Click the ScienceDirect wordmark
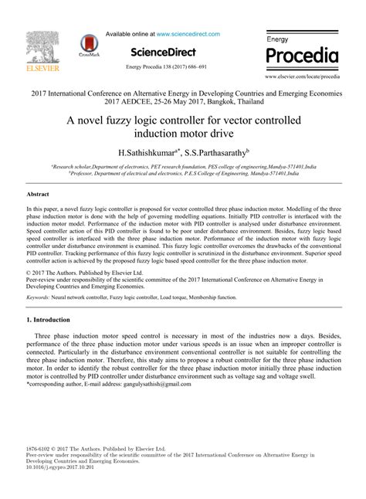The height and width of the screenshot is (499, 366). click(162, 51)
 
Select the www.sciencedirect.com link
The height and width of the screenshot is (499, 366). click(188, 34)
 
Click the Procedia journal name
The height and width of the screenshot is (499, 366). click(302, 56)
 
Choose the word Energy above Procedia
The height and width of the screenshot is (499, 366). click(278, 38)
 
